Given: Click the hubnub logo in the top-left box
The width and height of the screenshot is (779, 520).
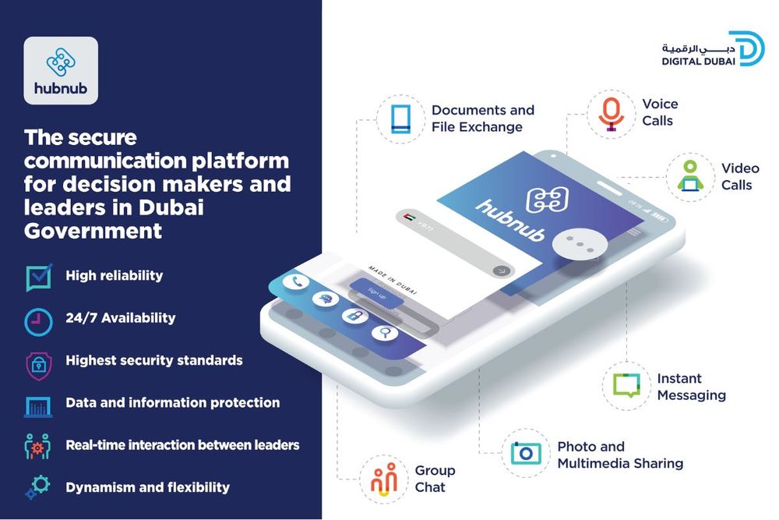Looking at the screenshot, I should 61,70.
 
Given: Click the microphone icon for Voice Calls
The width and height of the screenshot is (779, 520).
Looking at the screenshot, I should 611,113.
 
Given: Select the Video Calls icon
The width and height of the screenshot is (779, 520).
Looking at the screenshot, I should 689,176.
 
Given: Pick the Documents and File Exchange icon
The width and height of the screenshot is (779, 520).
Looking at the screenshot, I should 400,119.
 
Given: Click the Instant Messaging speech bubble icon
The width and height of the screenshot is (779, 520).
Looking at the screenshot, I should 626,386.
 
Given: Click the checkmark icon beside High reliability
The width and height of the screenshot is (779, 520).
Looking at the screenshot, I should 38,276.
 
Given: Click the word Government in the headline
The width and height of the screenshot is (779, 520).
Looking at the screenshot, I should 93,231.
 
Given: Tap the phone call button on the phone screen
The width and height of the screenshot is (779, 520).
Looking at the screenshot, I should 295,282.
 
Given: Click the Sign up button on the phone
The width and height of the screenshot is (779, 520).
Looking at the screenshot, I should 375,294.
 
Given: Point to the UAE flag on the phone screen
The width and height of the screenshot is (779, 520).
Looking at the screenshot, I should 410,218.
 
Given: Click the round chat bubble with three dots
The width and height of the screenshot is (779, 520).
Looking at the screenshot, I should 580,243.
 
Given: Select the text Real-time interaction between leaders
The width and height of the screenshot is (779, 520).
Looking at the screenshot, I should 182,445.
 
